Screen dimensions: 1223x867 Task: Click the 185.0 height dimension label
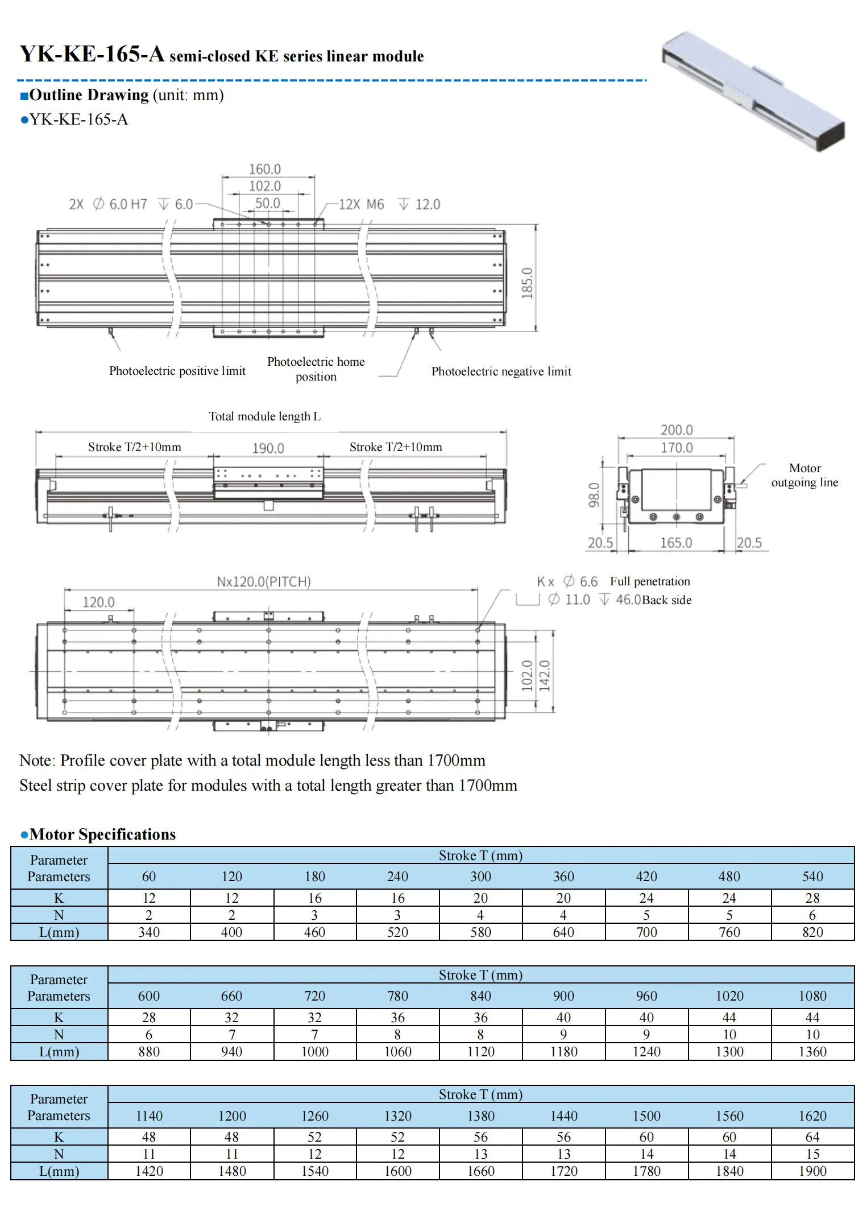pyautogui.click(x=527, y=283)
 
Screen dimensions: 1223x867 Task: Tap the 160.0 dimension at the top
pyautogui.click(x=265, y=169)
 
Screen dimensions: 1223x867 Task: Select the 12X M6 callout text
pyautogui.click(x=362, y=204)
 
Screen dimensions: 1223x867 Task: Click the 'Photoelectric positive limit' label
pyautogui.click(x=177, y=371)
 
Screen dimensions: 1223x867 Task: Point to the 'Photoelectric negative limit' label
pyautogui.click(x=501, y=371)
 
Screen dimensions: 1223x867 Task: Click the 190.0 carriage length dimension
pyautogui.click(x=268, y=448)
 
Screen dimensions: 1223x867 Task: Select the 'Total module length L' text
pyautogui.click(x=264, y=416)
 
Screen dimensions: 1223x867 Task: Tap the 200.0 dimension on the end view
pyautogui.click(x=677, y=430)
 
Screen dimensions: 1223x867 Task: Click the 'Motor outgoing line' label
pyautogui.click(x=804, y=475)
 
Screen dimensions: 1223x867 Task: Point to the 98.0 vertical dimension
pyautogui.click(x=594, y=494)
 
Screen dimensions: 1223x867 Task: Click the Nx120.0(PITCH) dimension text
pyautogui.click(x=264, y=581)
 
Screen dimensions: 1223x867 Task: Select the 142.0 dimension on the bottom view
pyautogui.click(x=545, y=676)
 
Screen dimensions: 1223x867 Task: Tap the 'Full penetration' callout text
pyautogui.click(x=650, y=581)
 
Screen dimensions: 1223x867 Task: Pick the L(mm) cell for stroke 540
pyautogui.click(x=812, y=932)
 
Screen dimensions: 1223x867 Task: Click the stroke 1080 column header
pyautogui.click(x=812, y=996)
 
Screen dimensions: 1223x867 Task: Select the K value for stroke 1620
pyautogui.click(x=812, y=1137)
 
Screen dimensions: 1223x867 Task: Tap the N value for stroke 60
pyautogui.click(x=149, y=915)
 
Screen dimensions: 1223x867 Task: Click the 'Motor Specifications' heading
pyautogui.click(x=103, y=834)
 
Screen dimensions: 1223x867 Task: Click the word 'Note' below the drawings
pyautogui.click(x=36, y=761)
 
